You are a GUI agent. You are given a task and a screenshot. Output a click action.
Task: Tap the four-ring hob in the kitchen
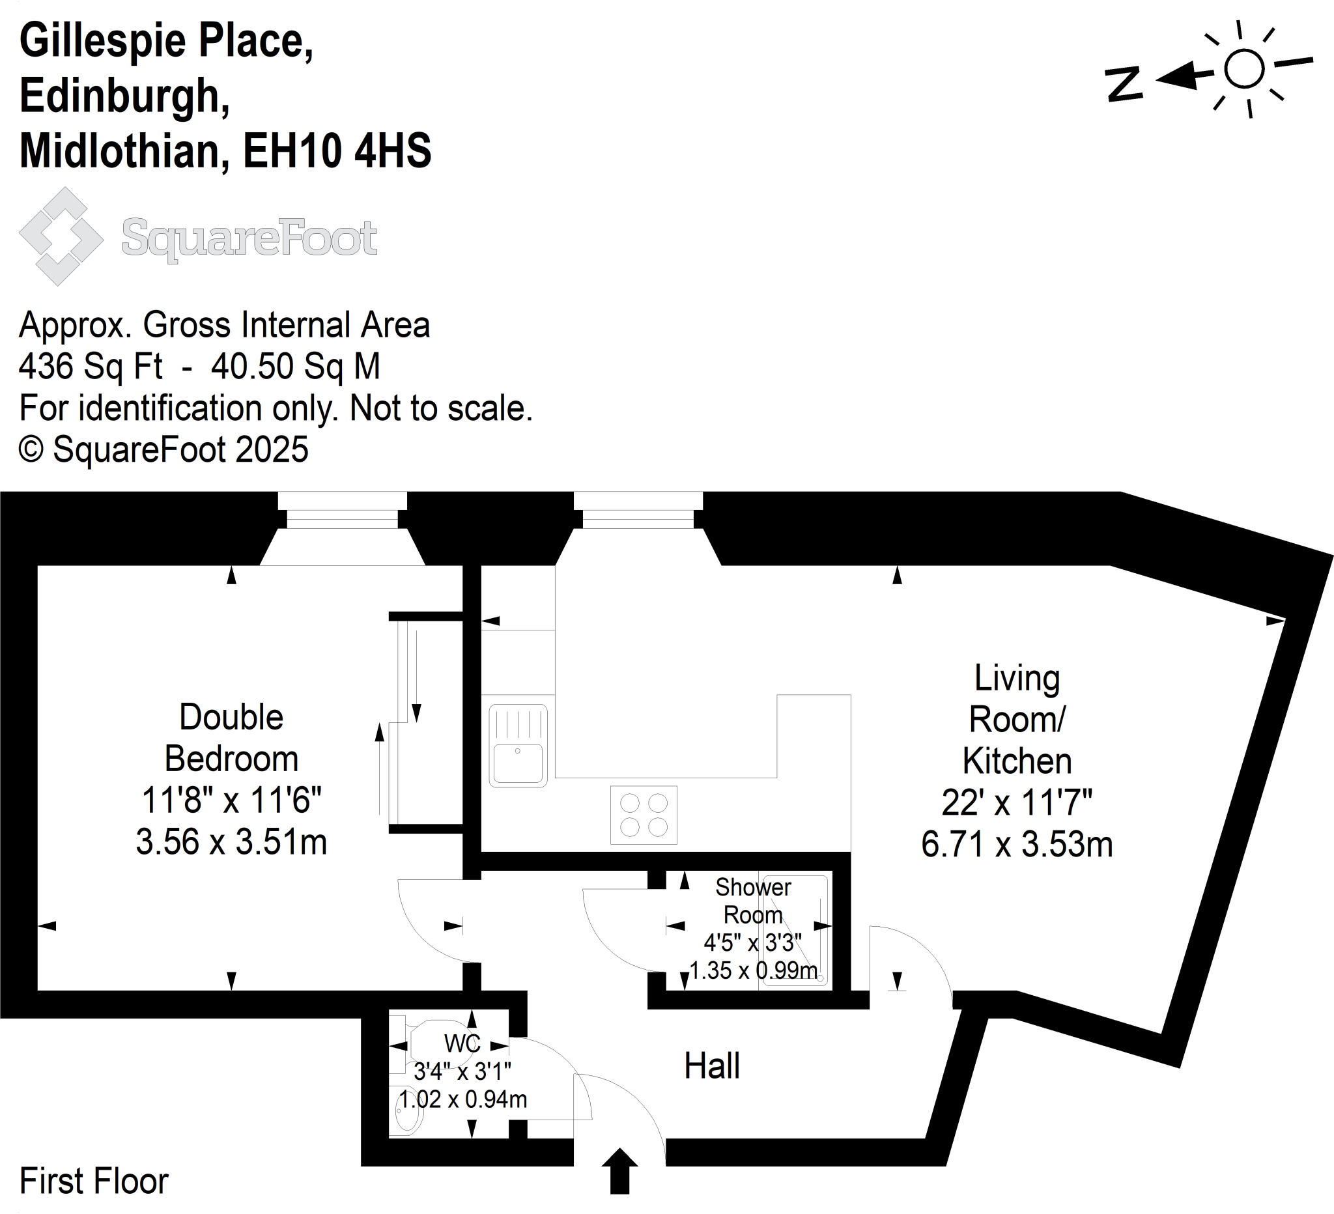[643, 815]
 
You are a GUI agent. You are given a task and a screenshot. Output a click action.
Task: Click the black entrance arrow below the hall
[619, 1170]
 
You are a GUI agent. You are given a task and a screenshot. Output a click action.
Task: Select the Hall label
[711, 1066]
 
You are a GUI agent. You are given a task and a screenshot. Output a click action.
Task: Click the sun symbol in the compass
[1243, 69]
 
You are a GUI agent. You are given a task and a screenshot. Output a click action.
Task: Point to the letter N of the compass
[1124, 84]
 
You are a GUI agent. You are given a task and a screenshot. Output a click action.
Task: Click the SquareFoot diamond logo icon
[61, 236]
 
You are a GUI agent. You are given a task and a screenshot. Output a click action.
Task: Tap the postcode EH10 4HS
[337, 151]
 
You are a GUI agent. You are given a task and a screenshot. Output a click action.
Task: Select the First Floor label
[94, 1181]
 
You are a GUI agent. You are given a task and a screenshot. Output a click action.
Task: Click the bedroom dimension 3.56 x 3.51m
[231, 842]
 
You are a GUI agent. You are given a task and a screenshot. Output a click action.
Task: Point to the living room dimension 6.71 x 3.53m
[1016, 845]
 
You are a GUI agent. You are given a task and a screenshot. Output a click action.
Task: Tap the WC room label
[462, 1043]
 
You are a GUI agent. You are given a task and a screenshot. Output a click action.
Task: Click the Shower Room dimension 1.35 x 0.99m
[753, 970]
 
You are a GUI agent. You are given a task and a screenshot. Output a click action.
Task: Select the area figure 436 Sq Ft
[91, 366]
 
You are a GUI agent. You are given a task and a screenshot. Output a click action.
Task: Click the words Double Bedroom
[231, 738]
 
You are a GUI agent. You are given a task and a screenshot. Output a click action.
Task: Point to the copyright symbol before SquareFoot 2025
[31, 450]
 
